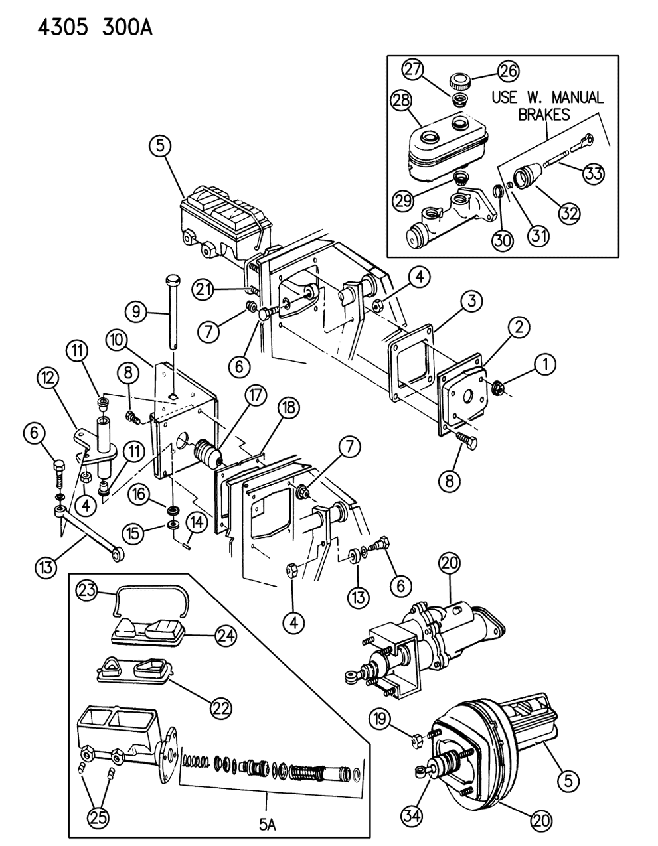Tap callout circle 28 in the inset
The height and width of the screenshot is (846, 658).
[x=402, y=101]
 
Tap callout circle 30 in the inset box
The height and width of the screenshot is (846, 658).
[x=503, y=238]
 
